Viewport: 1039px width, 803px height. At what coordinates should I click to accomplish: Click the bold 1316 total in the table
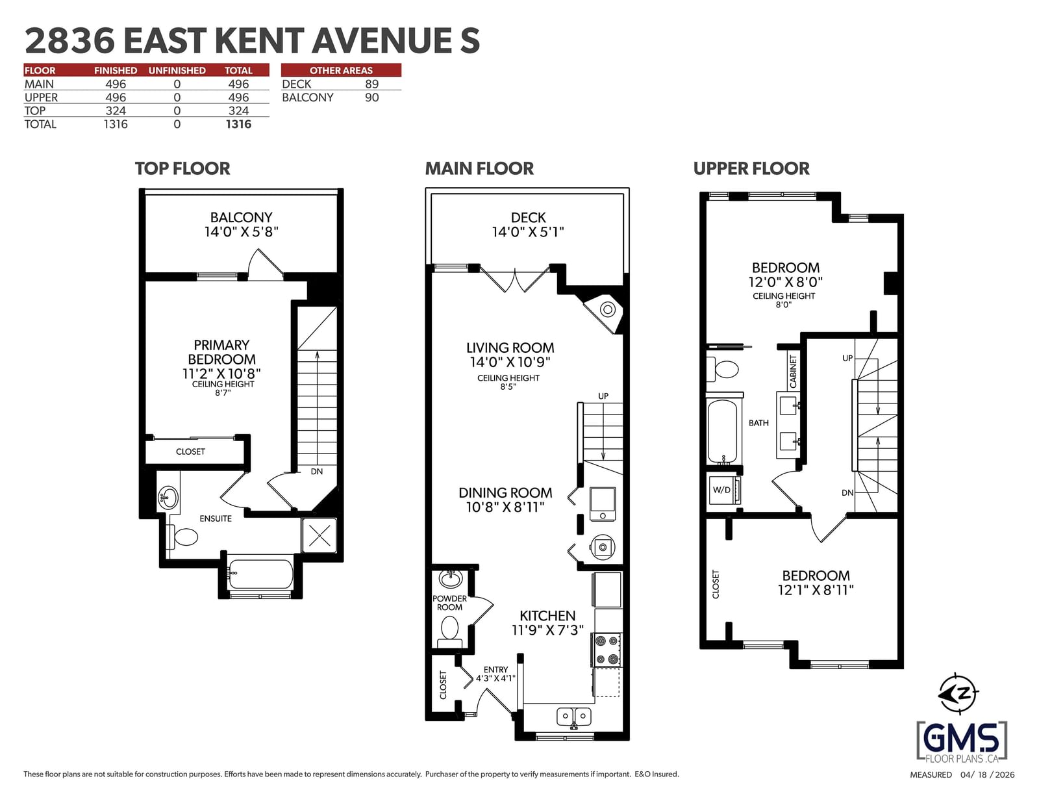[x=238, y=124]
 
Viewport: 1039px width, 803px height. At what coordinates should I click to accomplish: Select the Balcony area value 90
[x=371, y=97]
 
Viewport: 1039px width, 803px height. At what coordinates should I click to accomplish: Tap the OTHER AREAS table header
[x=341, y=70]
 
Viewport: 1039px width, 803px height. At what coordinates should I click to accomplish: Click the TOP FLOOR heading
[x=182, y=168]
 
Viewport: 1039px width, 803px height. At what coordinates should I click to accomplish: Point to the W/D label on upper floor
[x=721, y=490]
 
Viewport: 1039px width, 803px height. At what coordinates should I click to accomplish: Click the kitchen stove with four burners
[x=607, y=650]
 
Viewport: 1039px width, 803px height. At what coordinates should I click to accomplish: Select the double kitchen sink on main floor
[x=574, y=717]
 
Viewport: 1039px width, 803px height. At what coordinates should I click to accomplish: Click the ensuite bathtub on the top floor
[x=260, y=574]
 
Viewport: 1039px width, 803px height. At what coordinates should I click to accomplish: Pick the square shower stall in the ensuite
[x=319, y=535]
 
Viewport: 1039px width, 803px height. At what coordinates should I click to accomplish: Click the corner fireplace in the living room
[x=603, y=312]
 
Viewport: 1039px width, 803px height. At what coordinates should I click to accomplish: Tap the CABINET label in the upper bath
[x=794, y=371]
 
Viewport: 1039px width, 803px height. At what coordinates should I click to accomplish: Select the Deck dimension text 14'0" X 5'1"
[x=528, y=232]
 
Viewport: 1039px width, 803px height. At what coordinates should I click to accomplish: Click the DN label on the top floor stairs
[x=316, y=472]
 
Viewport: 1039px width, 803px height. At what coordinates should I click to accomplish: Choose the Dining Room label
[x=505, y=492]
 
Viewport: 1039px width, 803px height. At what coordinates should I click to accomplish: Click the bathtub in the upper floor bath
[x=723, y=431]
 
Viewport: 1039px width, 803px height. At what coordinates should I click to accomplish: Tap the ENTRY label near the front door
[x=495, y=670]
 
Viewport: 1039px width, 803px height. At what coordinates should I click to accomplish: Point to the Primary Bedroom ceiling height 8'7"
[x=223, y=392]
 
